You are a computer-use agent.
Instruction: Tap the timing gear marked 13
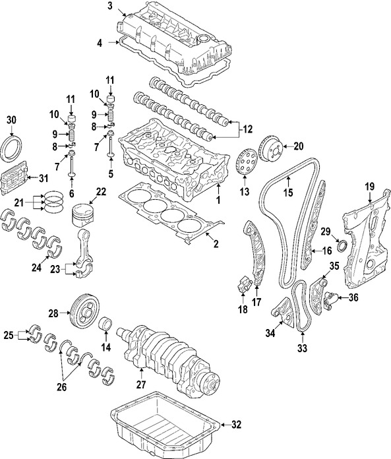[x=245, y=162]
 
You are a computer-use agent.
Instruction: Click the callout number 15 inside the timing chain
[x=287, y=193]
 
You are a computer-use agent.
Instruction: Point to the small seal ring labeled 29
[x=341, y=247]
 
